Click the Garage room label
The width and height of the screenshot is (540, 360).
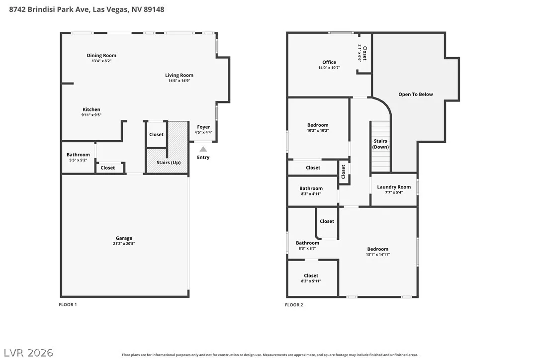(x=124, y=238)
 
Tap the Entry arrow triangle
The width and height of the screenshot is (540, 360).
(x=203, y=149)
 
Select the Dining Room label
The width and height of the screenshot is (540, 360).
(x=101, y=56)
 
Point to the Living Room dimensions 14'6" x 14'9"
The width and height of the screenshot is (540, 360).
(x=179, y=81)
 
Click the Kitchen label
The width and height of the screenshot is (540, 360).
(x=91, y=109)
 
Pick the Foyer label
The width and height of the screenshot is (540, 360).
(x=203, y=127)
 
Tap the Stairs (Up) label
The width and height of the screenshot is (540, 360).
(x=169, y=163)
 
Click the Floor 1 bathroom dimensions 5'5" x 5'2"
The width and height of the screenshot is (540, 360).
(x=78, y=160)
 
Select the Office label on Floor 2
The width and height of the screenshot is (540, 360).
(x=329, y=62)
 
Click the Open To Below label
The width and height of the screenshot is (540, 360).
(x=416, y=94)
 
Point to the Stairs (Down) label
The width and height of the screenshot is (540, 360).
(x=380, y=144)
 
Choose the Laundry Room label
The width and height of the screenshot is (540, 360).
(x=394, y=187)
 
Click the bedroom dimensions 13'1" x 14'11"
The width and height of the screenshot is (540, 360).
(x=378, y=255)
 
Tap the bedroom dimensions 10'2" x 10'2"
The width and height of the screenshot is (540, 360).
(x=318, y=131)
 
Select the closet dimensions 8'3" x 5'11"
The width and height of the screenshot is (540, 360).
(x=311, y=281)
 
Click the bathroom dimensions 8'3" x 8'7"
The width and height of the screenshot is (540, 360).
(x=307, y=249)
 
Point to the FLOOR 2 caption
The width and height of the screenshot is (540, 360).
(x=294, y=305)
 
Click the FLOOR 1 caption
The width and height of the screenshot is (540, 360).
(x=68, y=304)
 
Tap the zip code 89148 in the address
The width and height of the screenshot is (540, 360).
(x=154, y=9)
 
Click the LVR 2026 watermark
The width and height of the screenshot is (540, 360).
(x=28, y=353)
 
